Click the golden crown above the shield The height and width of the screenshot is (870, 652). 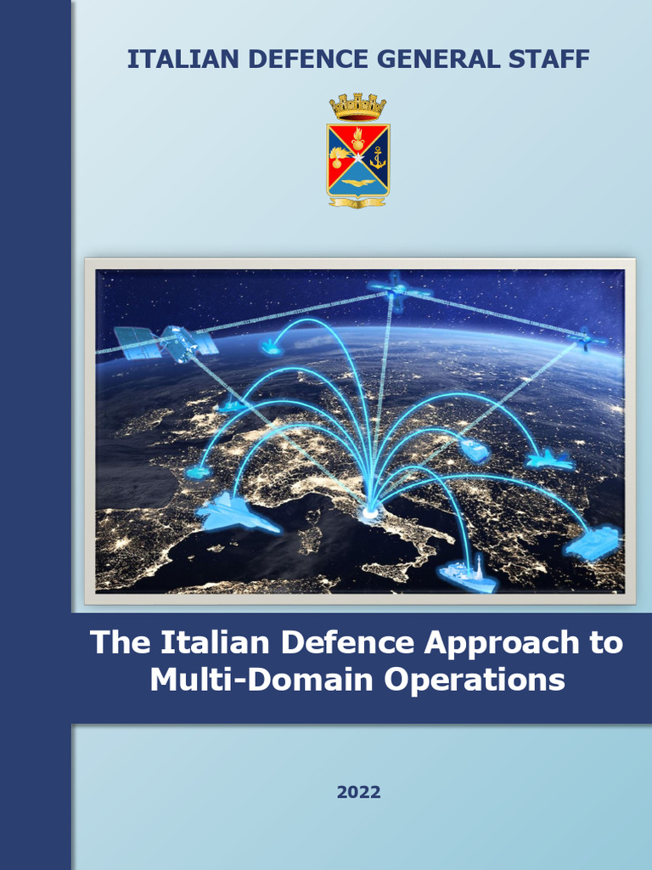pos(357,107)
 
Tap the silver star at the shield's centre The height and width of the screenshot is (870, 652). pos(358,155)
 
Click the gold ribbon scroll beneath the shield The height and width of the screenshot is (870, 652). pos(357,201)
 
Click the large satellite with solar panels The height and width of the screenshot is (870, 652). pos(166,342)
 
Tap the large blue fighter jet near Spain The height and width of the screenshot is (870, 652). pos(237,512)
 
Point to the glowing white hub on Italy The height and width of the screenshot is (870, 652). pos(370,511)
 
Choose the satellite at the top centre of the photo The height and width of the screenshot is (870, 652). pos(397,289)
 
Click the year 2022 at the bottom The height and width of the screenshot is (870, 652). pos(358,792)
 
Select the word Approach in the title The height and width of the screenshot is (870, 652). pos(502,642)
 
